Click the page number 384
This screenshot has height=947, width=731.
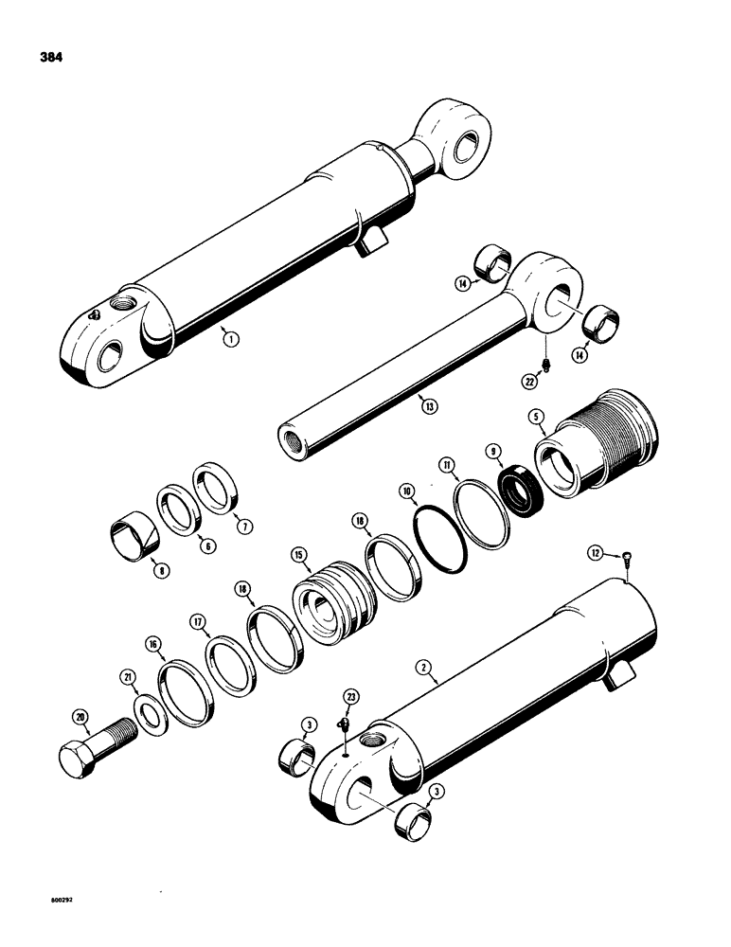point(53,58)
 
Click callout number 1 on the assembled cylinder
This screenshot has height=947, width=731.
point(228,333)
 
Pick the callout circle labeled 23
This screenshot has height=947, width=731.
point(353,698)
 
